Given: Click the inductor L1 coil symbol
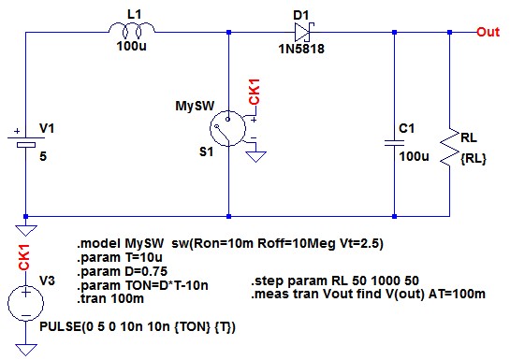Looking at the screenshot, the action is click(x=131, y=30).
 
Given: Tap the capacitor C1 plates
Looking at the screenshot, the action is click(x=394, y=143).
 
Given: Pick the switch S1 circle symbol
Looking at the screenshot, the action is click(x=227, y=128).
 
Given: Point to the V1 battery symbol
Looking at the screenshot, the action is click(x=25, y=140).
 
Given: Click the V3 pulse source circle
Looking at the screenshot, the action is click(x=25, y=304).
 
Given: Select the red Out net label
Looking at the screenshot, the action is click(x=488, y=32).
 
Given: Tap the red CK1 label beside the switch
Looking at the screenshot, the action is click(x=254, y=92).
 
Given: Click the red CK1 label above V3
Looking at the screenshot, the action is click(x=24, y=257).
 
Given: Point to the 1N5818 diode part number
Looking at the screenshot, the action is click(x=301, y=49).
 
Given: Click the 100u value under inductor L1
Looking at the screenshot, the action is click(x=131, y=46).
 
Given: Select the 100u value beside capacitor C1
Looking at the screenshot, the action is click(x=414, y=156).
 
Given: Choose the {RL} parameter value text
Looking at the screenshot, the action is click(x=474, y=159).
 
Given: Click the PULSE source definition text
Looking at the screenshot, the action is click(x=138, y=326).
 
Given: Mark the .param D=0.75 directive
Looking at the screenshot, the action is click(x=123, y=271).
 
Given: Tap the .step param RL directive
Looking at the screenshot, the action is click(x=335, y=281).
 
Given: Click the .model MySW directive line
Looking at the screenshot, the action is click(x=230, y=243).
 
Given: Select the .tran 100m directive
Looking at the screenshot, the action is click(x=110, y=298).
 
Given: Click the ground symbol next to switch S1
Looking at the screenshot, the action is click(x=255, y=156).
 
